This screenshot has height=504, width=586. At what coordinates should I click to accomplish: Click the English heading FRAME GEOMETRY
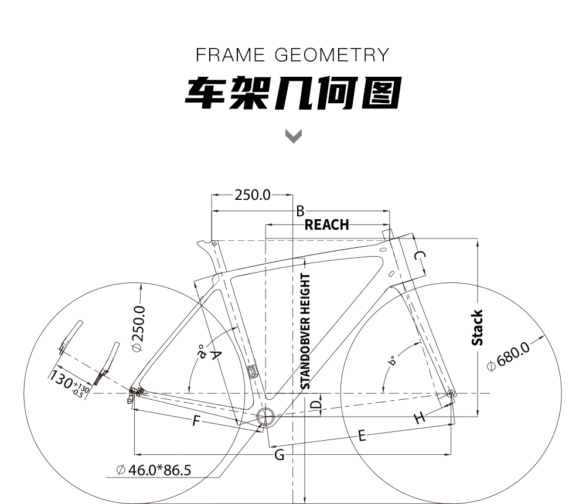click(x=292, y=55)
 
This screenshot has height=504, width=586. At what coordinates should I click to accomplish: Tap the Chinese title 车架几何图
click(x=294, y=93)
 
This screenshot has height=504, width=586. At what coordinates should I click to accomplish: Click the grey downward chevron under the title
click(x=294, y=136)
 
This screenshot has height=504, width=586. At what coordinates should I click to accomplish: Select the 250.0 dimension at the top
click(x=252, y=195)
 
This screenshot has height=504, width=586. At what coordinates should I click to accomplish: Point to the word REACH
click(x=326, y=224)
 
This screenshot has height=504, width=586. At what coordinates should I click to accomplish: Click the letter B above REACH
click(x=300, y=211)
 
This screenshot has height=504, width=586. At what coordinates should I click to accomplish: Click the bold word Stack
click(x=477, y=328)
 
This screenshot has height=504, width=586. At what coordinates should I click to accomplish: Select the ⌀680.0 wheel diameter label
click(x=509, y=356)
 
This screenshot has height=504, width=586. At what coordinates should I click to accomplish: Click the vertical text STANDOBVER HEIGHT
click(x=305, y=331)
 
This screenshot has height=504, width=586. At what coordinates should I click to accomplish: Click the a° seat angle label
click(x=202, y=352)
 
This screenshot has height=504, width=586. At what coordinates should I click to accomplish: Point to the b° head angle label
click(x=391, y=361)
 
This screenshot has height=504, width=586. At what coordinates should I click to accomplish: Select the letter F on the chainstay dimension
click(x=196, y=421)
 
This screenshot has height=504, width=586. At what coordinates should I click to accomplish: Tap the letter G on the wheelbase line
click(x=279, y=455)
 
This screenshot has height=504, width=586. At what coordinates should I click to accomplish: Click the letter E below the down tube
click(x=362, y=435)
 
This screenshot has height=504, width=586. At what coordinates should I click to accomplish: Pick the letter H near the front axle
click(x=420, y=417)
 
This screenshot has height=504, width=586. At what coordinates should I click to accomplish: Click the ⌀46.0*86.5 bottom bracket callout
click(x=154, y=470)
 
